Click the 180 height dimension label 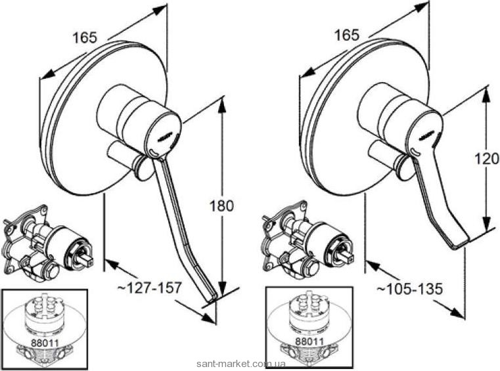pos(221,206)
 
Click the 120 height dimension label pos(487,158)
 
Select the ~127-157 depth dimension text pos(150,288)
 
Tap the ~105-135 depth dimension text pos(410,289)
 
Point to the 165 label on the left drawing pos(85,38)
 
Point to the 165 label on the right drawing pos(347,35)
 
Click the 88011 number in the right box pos(309,341)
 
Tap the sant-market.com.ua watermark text pos(241,364)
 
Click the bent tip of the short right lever pos(459,245)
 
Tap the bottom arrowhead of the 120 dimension pos(486,225)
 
